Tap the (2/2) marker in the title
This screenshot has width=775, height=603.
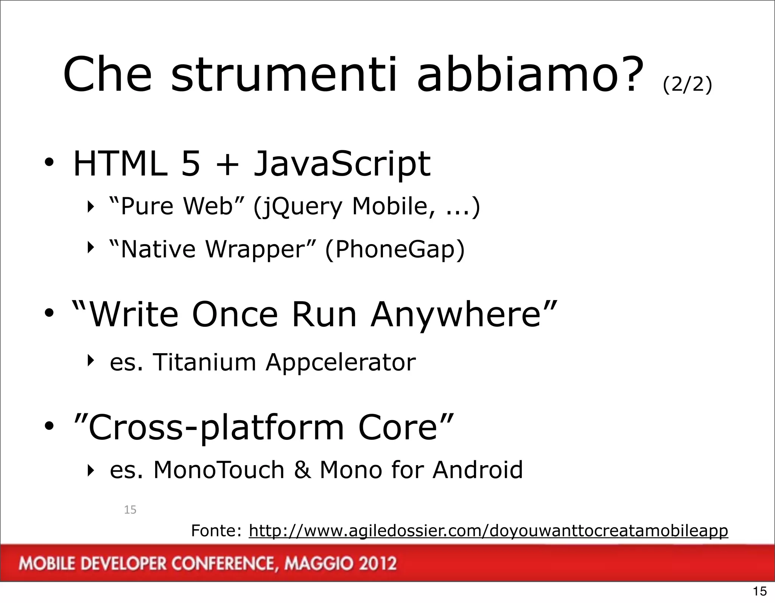pyautogui.click(x=687, y=84)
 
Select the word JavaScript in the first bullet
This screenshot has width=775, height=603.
pyautogui.click(x=342, y=164)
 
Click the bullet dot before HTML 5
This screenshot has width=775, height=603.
pyautogui.click(x=49, y=164)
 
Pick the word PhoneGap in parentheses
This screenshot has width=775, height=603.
pyautogui.click(x=395, y=250)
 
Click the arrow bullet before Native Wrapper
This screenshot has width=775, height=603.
pyautogui.click(x=90, y=248)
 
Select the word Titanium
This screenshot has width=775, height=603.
pyautogui.click(x=204, y=362)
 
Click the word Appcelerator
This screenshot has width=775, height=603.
pyautogui.click(x=341, y=363)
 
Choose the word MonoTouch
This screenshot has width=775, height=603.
pyautogui.click(x=219, y=470)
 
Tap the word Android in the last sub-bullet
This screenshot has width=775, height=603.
pyautogui.click(x=478, y=470)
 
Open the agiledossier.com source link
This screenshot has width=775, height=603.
pyautogui.click(x=488, y=531)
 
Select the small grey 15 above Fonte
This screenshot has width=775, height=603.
pyautogui.click(x=130, y=510)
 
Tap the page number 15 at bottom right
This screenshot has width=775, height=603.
pyautogui.click(x=760, y=591)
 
